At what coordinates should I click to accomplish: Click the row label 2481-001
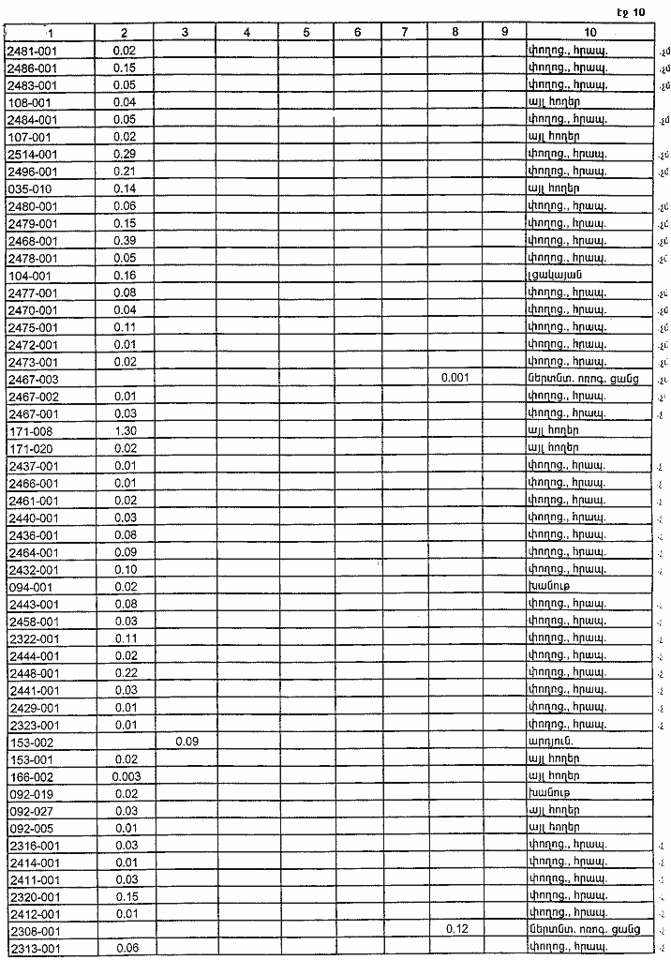coord(32,51)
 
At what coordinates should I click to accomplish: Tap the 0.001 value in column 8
coord(455,379)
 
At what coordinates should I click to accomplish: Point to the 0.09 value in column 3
coord(185,742)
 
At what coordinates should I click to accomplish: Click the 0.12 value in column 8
coord(455,931)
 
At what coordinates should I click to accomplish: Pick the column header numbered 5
coord(306,32)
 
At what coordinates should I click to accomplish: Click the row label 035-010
coord(29,188)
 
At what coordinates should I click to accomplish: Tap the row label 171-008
coord(29,431)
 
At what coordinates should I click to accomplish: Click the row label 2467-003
coord(32,379)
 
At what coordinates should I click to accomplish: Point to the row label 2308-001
coord(34,931)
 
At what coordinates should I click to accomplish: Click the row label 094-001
coord(29,587)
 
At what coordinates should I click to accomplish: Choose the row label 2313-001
coord(34,949)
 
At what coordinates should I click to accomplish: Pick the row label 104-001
coord(29,276)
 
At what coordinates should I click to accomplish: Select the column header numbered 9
coord(504,32)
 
